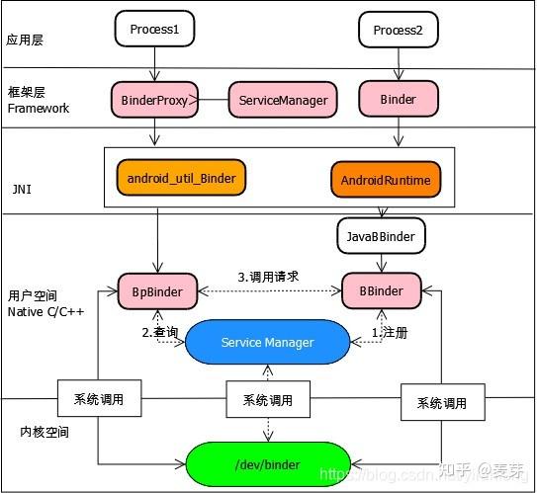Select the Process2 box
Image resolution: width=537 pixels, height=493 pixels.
tap(398, 30)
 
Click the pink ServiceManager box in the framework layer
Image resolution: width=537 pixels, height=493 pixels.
tap(283, 100)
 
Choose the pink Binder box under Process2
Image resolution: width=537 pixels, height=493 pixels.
tap(398, 100)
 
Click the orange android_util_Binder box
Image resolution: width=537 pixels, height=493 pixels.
tap(181, 178)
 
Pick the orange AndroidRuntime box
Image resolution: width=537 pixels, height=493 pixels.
tap(386, 182)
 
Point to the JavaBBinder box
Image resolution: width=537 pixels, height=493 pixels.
tap(383, 236)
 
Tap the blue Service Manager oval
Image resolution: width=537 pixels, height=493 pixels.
tap(267, 342)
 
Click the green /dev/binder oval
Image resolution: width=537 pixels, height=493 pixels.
tap(267, 464)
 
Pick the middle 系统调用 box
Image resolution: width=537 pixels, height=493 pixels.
tap(267, 400)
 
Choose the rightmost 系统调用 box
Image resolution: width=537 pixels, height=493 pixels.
tap(441, 403)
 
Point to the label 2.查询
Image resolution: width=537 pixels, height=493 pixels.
tap(160, 333)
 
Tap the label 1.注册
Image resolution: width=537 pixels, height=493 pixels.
tap(389, 333)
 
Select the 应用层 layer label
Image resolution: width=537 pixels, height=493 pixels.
tap(27, 41)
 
